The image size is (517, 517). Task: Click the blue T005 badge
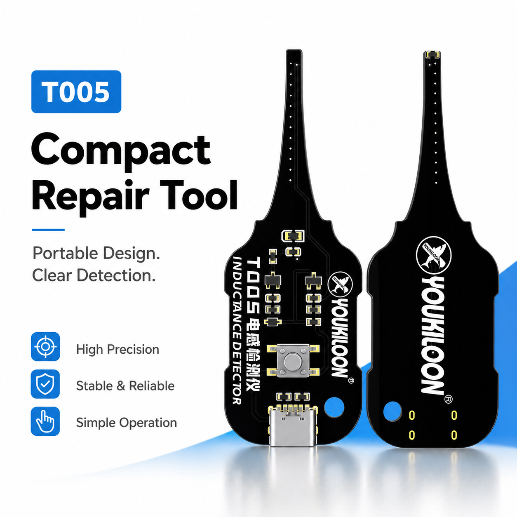tap(76, 92)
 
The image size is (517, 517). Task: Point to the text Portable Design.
tap(96, 253)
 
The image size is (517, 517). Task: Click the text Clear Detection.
tap(94, 275)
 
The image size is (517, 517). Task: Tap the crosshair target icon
tap(45, 347)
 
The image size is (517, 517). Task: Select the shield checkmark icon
tap(45, 384)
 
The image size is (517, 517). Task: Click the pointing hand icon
tap(45, 421)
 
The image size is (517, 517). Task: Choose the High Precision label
tap(117, 350)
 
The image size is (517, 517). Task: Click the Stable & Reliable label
tap(125, 386)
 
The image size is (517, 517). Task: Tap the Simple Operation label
tap(127, 423)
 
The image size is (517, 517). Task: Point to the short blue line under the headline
tap(48, 230)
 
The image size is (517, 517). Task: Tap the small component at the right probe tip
tap(432, 55)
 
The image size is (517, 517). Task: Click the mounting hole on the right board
tap(392, 411)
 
